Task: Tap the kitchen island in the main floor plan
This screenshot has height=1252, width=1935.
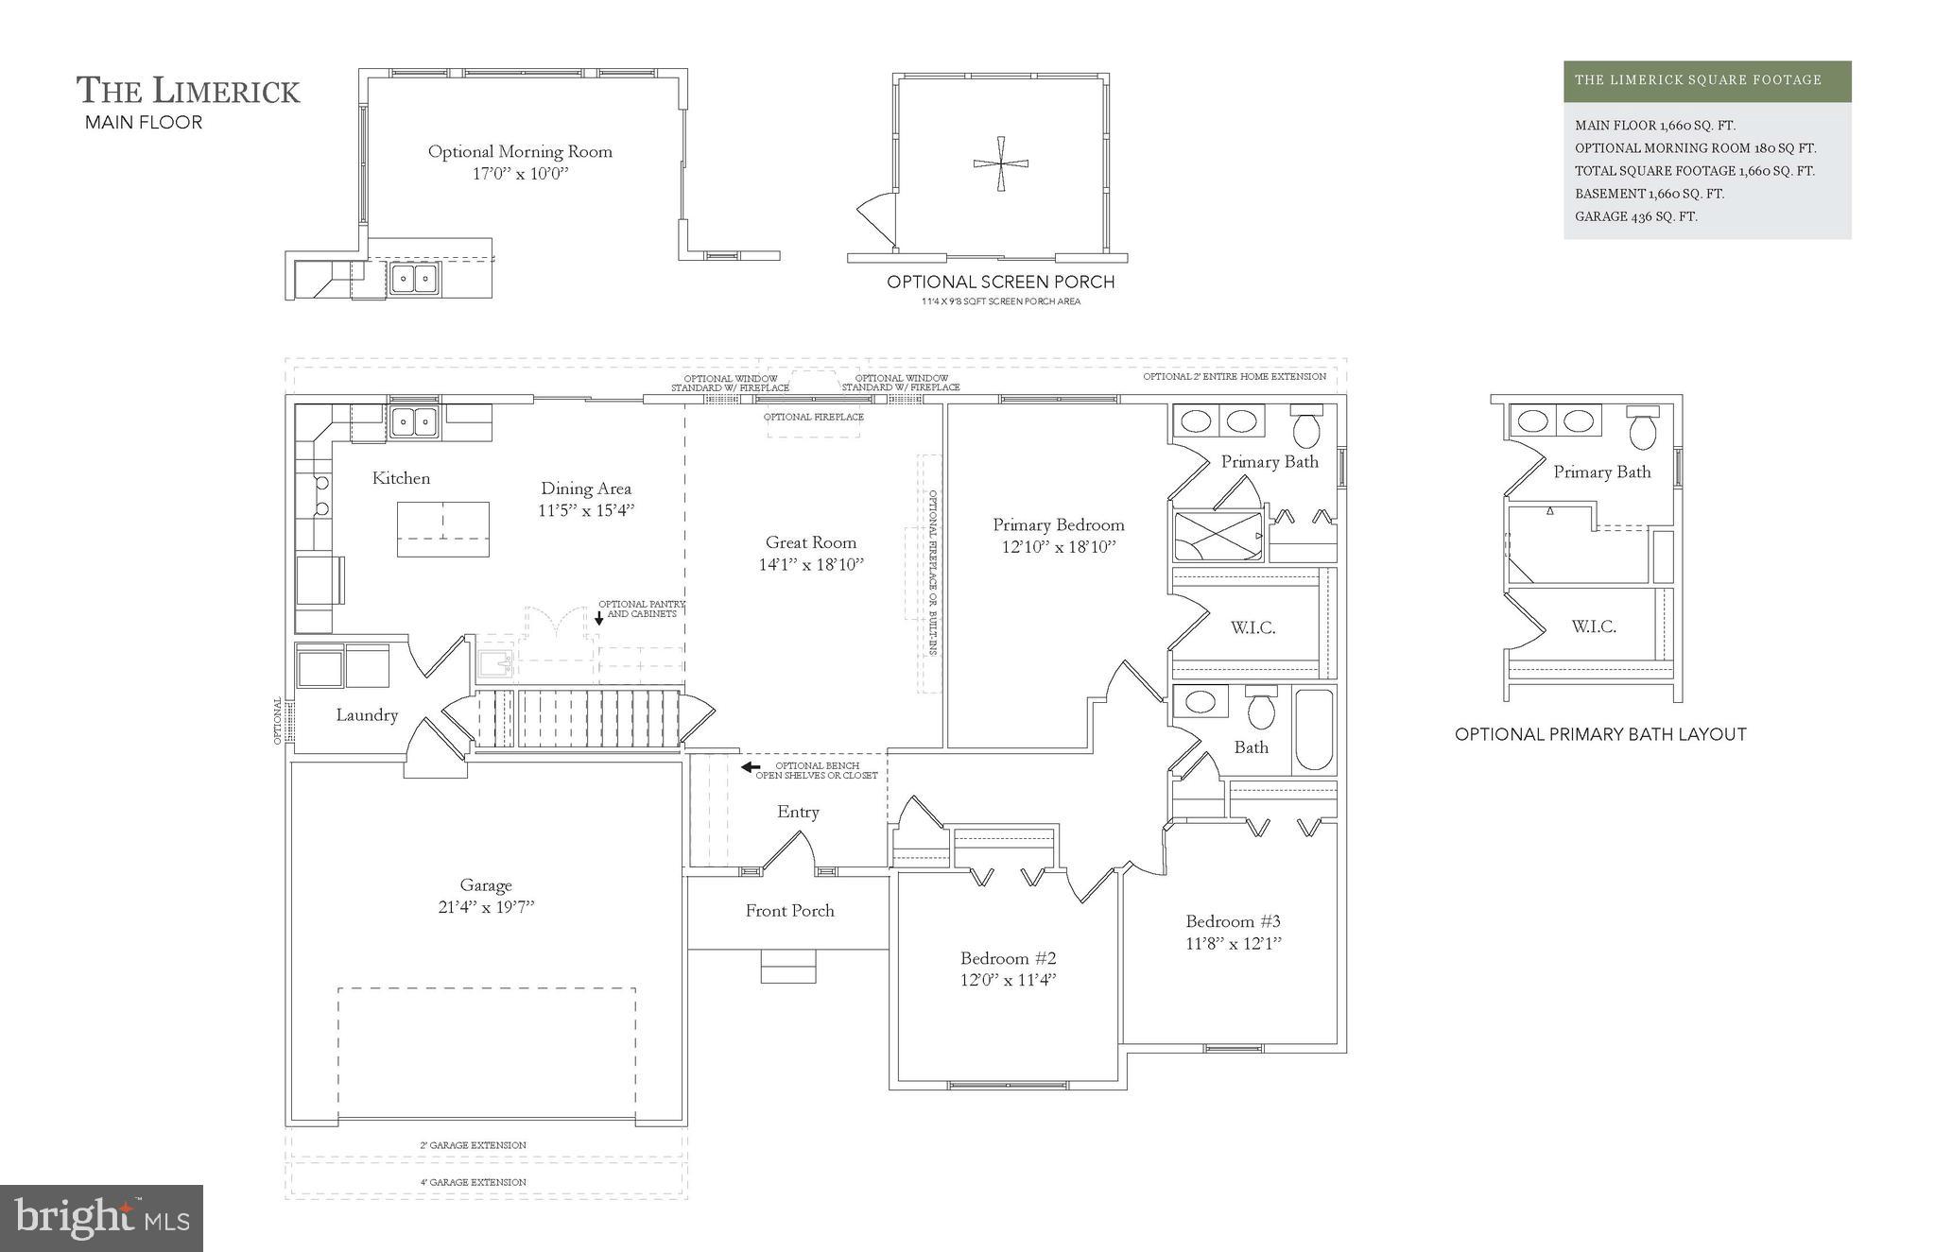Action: [x=442, y=529]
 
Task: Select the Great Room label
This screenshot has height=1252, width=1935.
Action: [x=811, y=542]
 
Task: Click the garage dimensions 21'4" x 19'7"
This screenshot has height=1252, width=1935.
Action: [x=486, y=907]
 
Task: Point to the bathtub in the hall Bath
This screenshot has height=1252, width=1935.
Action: [x=1313, y=730]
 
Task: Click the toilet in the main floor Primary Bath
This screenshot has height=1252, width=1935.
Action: [x=1307, y=427]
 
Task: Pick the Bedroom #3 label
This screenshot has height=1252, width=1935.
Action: [x=1233, y=921]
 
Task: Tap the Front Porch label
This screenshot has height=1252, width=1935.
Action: [x=789, y=911]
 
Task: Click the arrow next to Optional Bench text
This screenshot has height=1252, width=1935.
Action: [x=751, y=767]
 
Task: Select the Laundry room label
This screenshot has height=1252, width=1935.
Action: [x=367, y=715]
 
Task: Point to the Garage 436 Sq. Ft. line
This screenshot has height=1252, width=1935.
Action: [x=1635, y=216]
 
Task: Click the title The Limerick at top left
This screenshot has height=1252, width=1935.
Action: [x=188, y=91]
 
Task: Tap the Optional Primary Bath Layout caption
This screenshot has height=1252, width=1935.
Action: [x=1599, y=734]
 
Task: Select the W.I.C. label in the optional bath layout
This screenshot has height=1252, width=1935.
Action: [x=1593, y=626]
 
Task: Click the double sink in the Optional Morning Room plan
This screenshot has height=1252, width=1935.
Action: [x=414, y=278]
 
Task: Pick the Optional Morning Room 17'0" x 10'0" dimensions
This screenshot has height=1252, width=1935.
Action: [x=520, y=174]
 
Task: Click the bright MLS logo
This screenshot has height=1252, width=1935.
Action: [x=101, y=1218]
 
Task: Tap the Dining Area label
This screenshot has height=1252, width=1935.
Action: [x=585, y=489]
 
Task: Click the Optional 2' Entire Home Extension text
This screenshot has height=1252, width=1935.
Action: [x=1234, y=376]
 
